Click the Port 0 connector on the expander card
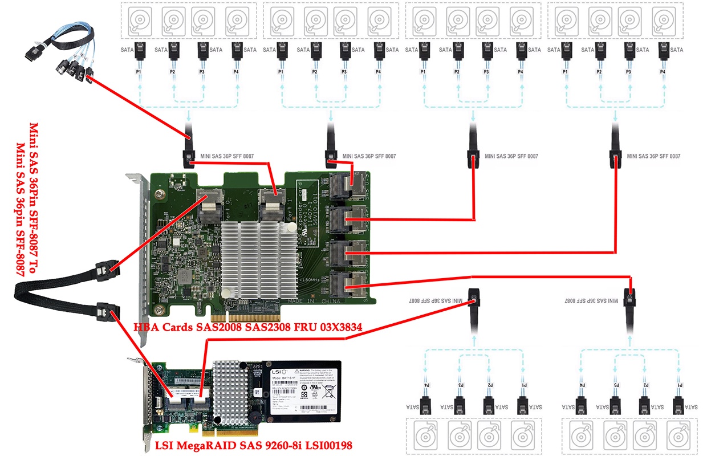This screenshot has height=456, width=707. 208,207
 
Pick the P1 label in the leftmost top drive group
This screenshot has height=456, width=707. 139,72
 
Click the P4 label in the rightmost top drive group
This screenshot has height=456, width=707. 663,72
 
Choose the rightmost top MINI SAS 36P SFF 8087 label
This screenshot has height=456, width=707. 653,156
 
